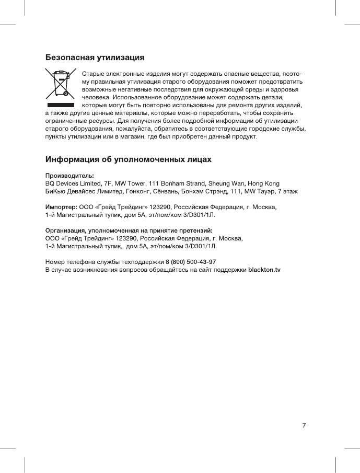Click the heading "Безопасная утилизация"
pos(95,56)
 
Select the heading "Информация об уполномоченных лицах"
pos(128,158)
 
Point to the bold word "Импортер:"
pos(61,208)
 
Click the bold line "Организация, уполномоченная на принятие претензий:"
pos(129,230)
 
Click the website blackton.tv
pos(264,270)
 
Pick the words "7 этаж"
pos(288,192)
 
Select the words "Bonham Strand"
pos(182,184)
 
